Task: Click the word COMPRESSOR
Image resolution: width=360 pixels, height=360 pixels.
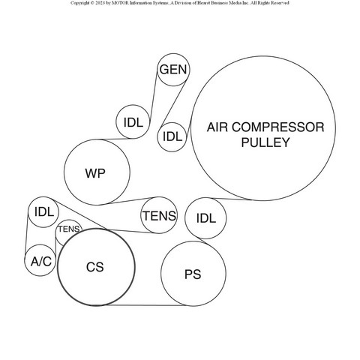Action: click(x=277, y=127)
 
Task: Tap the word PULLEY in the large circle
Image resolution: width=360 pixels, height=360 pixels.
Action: click(x=265, y=142)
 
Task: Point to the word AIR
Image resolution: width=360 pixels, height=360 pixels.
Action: click(x=217, y=127)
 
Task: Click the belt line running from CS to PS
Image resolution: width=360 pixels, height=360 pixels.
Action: click(x=145, y=305)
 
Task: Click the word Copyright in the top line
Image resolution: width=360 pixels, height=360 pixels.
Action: click(x=80, y=3)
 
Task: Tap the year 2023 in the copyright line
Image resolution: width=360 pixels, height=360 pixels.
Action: click(x=100, y=3)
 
